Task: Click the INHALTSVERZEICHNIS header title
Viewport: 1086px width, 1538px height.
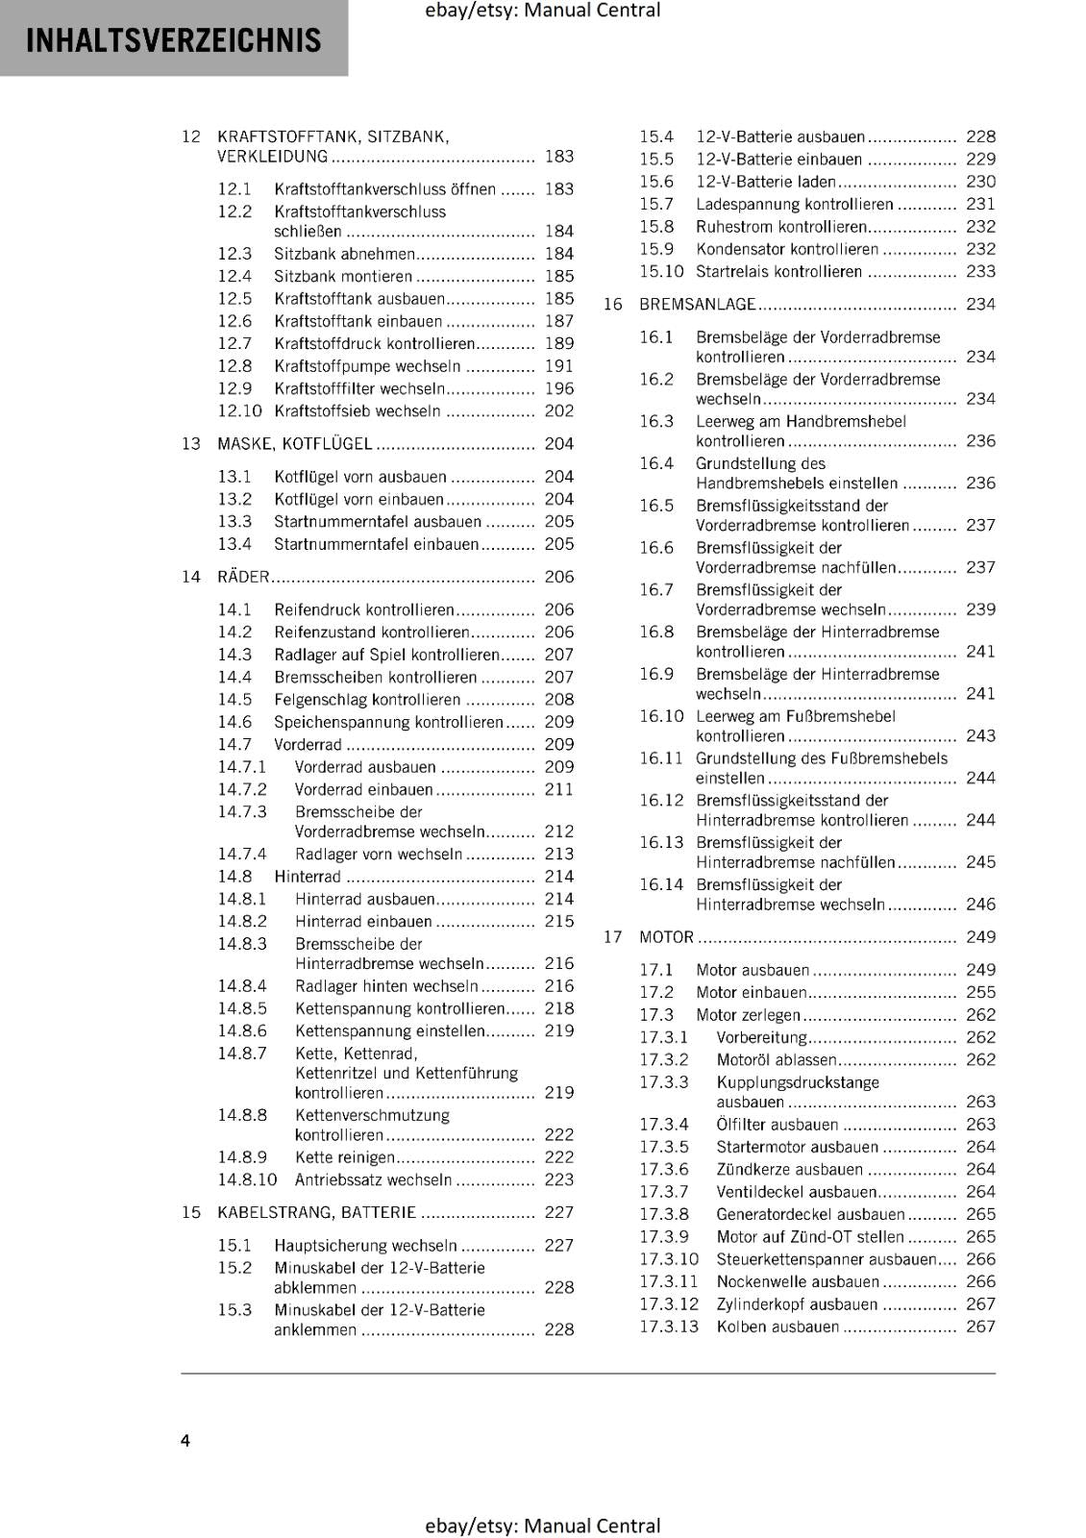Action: tap(173, 40)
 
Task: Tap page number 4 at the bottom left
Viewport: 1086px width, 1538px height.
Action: tap(185, 1440)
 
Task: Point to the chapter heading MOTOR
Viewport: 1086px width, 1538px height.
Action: tap(666, 937)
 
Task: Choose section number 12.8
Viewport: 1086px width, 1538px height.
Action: tap(234, 366)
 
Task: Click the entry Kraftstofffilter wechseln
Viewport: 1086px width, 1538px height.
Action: tap(359, 389)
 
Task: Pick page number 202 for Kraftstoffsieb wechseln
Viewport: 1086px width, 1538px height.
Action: tap(558, 411)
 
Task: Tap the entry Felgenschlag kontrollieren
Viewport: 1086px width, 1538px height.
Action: tap(367, 700)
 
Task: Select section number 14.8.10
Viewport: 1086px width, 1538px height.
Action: tap(247, 1179)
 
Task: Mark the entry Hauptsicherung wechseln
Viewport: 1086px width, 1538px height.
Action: tap(365, 1246)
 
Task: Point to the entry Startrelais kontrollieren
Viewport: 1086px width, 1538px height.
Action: tap(778, 272)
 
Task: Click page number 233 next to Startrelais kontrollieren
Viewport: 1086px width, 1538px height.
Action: tap(980, 272)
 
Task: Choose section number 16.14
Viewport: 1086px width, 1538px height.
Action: tap(661, 885)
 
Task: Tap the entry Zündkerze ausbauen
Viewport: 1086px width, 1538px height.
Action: tap(789, 1170)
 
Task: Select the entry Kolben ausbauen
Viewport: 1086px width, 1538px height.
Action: tap(777, 1327)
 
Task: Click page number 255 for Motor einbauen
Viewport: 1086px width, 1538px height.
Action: tap(980, 993)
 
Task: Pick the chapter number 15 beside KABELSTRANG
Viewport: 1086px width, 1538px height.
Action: tap(191, 1213)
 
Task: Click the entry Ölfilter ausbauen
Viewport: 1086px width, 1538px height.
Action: tap(777, 1125)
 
